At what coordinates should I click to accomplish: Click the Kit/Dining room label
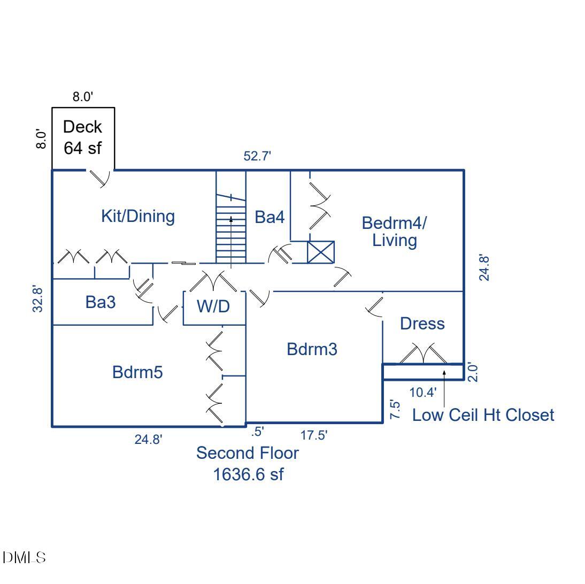(x=138, y=217)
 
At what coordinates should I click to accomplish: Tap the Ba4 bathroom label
(x=270, y=217)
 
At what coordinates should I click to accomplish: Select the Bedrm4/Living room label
(x=395, y=231)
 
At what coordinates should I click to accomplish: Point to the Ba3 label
(x=101, y=302)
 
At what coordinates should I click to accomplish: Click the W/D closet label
(x=214, y=307)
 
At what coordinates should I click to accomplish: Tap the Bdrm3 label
(x=312, y=350)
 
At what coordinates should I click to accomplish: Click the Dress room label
(x=422, y=324)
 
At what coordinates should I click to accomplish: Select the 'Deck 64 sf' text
(x=82, y=137)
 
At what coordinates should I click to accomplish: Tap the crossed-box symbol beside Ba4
(x=321, y=252)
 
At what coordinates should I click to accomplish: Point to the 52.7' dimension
(x=258, y=157)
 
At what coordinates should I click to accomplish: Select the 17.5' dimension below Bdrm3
(x=314, y=436)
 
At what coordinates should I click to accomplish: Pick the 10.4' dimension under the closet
(x=422, y=392)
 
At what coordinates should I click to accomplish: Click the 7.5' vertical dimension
(x=395, y=410)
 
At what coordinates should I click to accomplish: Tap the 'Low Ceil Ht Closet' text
(x=483, y=415)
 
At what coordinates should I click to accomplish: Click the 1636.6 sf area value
(x=248, y=474)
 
